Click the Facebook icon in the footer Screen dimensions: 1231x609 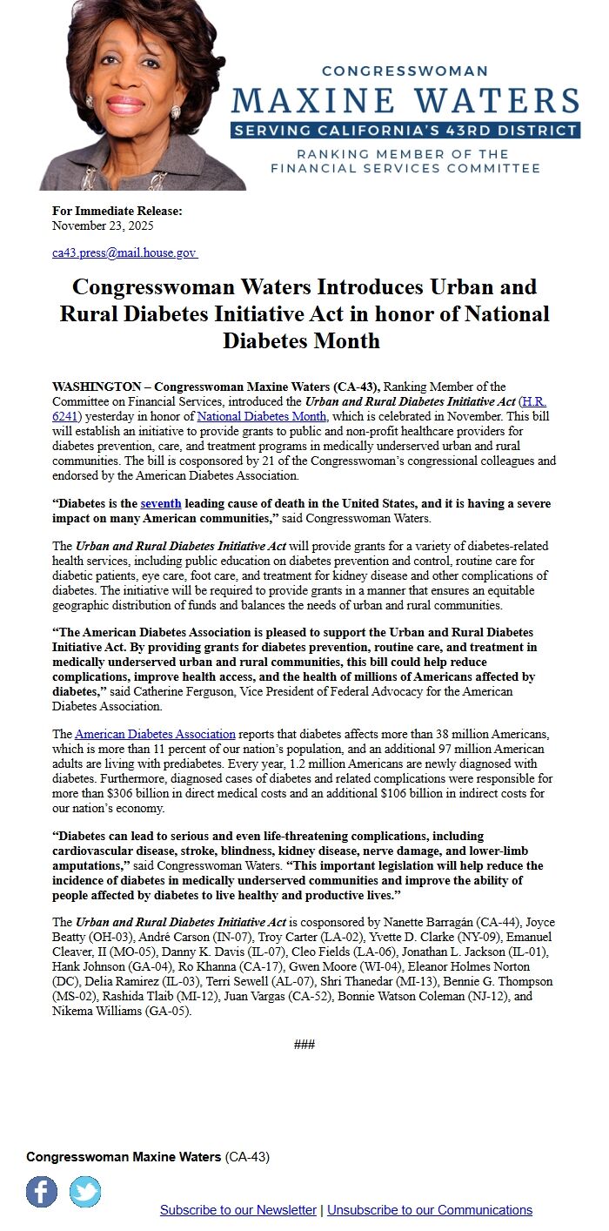pos(42,1191)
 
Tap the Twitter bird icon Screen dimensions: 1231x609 pos(85,1191)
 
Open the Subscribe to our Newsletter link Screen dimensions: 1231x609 pos(238,1210)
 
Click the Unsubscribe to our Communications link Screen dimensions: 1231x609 pos(430,1210)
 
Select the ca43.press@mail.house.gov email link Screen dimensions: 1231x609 pos(124,252)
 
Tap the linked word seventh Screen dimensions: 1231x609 pos(161,503)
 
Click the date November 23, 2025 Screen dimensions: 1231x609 pos(103,225)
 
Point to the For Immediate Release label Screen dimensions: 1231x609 pos(117,211)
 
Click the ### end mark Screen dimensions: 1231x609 pos(304,1044)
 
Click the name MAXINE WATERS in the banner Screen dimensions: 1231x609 pos(405,100)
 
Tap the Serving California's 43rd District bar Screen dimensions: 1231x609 pos(405,131)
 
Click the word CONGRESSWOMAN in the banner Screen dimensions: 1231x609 pos(405,71)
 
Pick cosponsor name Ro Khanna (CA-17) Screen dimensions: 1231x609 pos(181,966)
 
